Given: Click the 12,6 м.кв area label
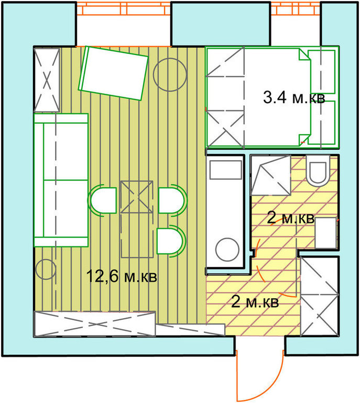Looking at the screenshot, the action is (x=122, y=276).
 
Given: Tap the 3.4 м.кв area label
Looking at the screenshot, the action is (x=294, y=98).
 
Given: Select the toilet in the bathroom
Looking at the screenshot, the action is (x=318, y=171).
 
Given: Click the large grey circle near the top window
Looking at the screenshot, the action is (x=170, y=74).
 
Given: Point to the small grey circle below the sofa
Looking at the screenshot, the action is (x=46, y=270).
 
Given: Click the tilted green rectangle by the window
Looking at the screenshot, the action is (x=114, y=73).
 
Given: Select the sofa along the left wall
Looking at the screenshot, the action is (x=61, y=180).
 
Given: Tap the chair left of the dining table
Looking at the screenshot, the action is (x=102, y=200).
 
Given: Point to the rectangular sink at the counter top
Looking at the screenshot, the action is (x=226, y=170).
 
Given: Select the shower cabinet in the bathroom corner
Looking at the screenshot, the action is (x=271, y=175).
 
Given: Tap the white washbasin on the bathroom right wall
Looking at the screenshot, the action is (x=326, y=232).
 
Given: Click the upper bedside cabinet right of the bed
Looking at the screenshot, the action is (x=322, y=72).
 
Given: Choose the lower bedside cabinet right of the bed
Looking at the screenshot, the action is (x=322, y=122).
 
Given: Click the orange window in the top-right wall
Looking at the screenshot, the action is (x=296, y=8).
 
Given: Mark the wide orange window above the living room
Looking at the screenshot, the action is (x=124, y=8).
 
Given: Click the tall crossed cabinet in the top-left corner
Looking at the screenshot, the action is (x=47, y=80).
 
